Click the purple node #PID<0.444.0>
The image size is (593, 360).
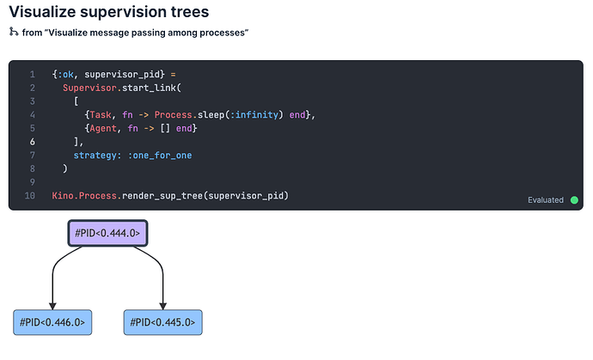[x=107, y=233]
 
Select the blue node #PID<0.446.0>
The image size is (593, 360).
[x=52, y=322]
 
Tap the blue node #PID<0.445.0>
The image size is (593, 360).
[x=163, y=322]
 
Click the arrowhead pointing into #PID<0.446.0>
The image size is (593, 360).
[x=52, y=306]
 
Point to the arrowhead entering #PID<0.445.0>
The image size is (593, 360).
[x=163, y=306]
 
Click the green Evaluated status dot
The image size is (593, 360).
[x=574, y=200]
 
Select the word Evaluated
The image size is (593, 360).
[x=546, y=200]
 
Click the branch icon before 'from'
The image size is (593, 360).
[x=14, y=32]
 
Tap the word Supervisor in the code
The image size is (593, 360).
[x=89, y=88]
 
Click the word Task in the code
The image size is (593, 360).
[x=101, y=115]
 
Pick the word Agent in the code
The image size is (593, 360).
[x=103, y=129]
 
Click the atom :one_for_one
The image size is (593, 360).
[x=160, y=156]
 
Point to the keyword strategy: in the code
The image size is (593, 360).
[x=98, y=156]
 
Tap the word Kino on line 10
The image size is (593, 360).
[x=63, y=196]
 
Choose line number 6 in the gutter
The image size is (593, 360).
[x=32, y=142]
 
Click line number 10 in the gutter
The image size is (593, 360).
[x=30, y=196]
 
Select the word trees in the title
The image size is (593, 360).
[x=190, y=12]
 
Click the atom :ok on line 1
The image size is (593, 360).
[x=65, y=75]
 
